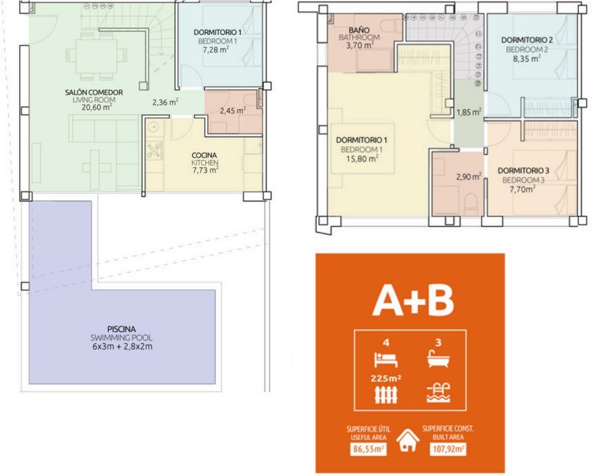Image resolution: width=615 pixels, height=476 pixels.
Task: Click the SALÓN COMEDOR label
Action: point(94,92)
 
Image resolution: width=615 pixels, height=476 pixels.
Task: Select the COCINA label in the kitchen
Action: point(204,155)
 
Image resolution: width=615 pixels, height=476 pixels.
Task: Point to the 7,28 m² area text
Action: point(216,50)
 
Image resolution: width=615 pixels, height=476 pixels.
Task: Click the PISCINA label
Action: point(121,329)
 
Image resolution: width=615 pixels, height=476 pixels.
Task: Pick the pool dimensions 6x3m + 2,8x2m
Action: point(122,347)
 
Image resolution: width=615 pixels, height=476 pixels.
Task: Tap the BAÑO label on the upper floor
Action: point(359,30)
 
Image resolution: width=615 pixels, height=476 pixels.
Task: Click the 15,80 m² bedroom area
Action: point(362,159)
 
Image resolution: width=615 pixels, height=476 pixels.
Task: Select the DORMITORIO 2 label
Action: point(527,40)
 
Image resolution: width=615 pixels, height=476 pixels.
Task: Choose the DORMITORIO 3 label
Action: point(523,171)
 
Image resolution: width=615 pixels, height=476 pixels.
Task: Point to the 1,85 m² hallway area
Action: point(469,112)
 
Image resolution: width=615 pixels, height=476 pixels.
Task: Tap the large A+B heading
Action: point(413,301)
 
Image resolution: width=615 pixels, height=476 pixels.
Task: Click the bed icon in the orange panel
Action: point(386,360)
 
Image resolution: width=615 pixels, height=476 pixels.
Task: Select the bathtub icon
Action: point(438,359)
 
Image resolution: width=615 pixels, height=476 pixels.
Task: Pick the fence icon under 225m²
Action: point(386,394)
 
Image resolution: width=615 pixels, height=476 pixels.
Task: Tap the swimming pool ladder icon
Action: point(438,393)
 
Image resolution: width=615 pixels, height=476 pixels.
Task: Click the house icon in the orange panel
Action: point(407,441)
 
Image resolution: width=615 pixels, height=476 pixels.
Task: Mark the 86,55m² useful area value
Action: point(368,449)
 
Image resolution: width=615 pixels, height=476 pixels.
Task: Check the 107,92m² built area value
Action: point(447,449)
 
